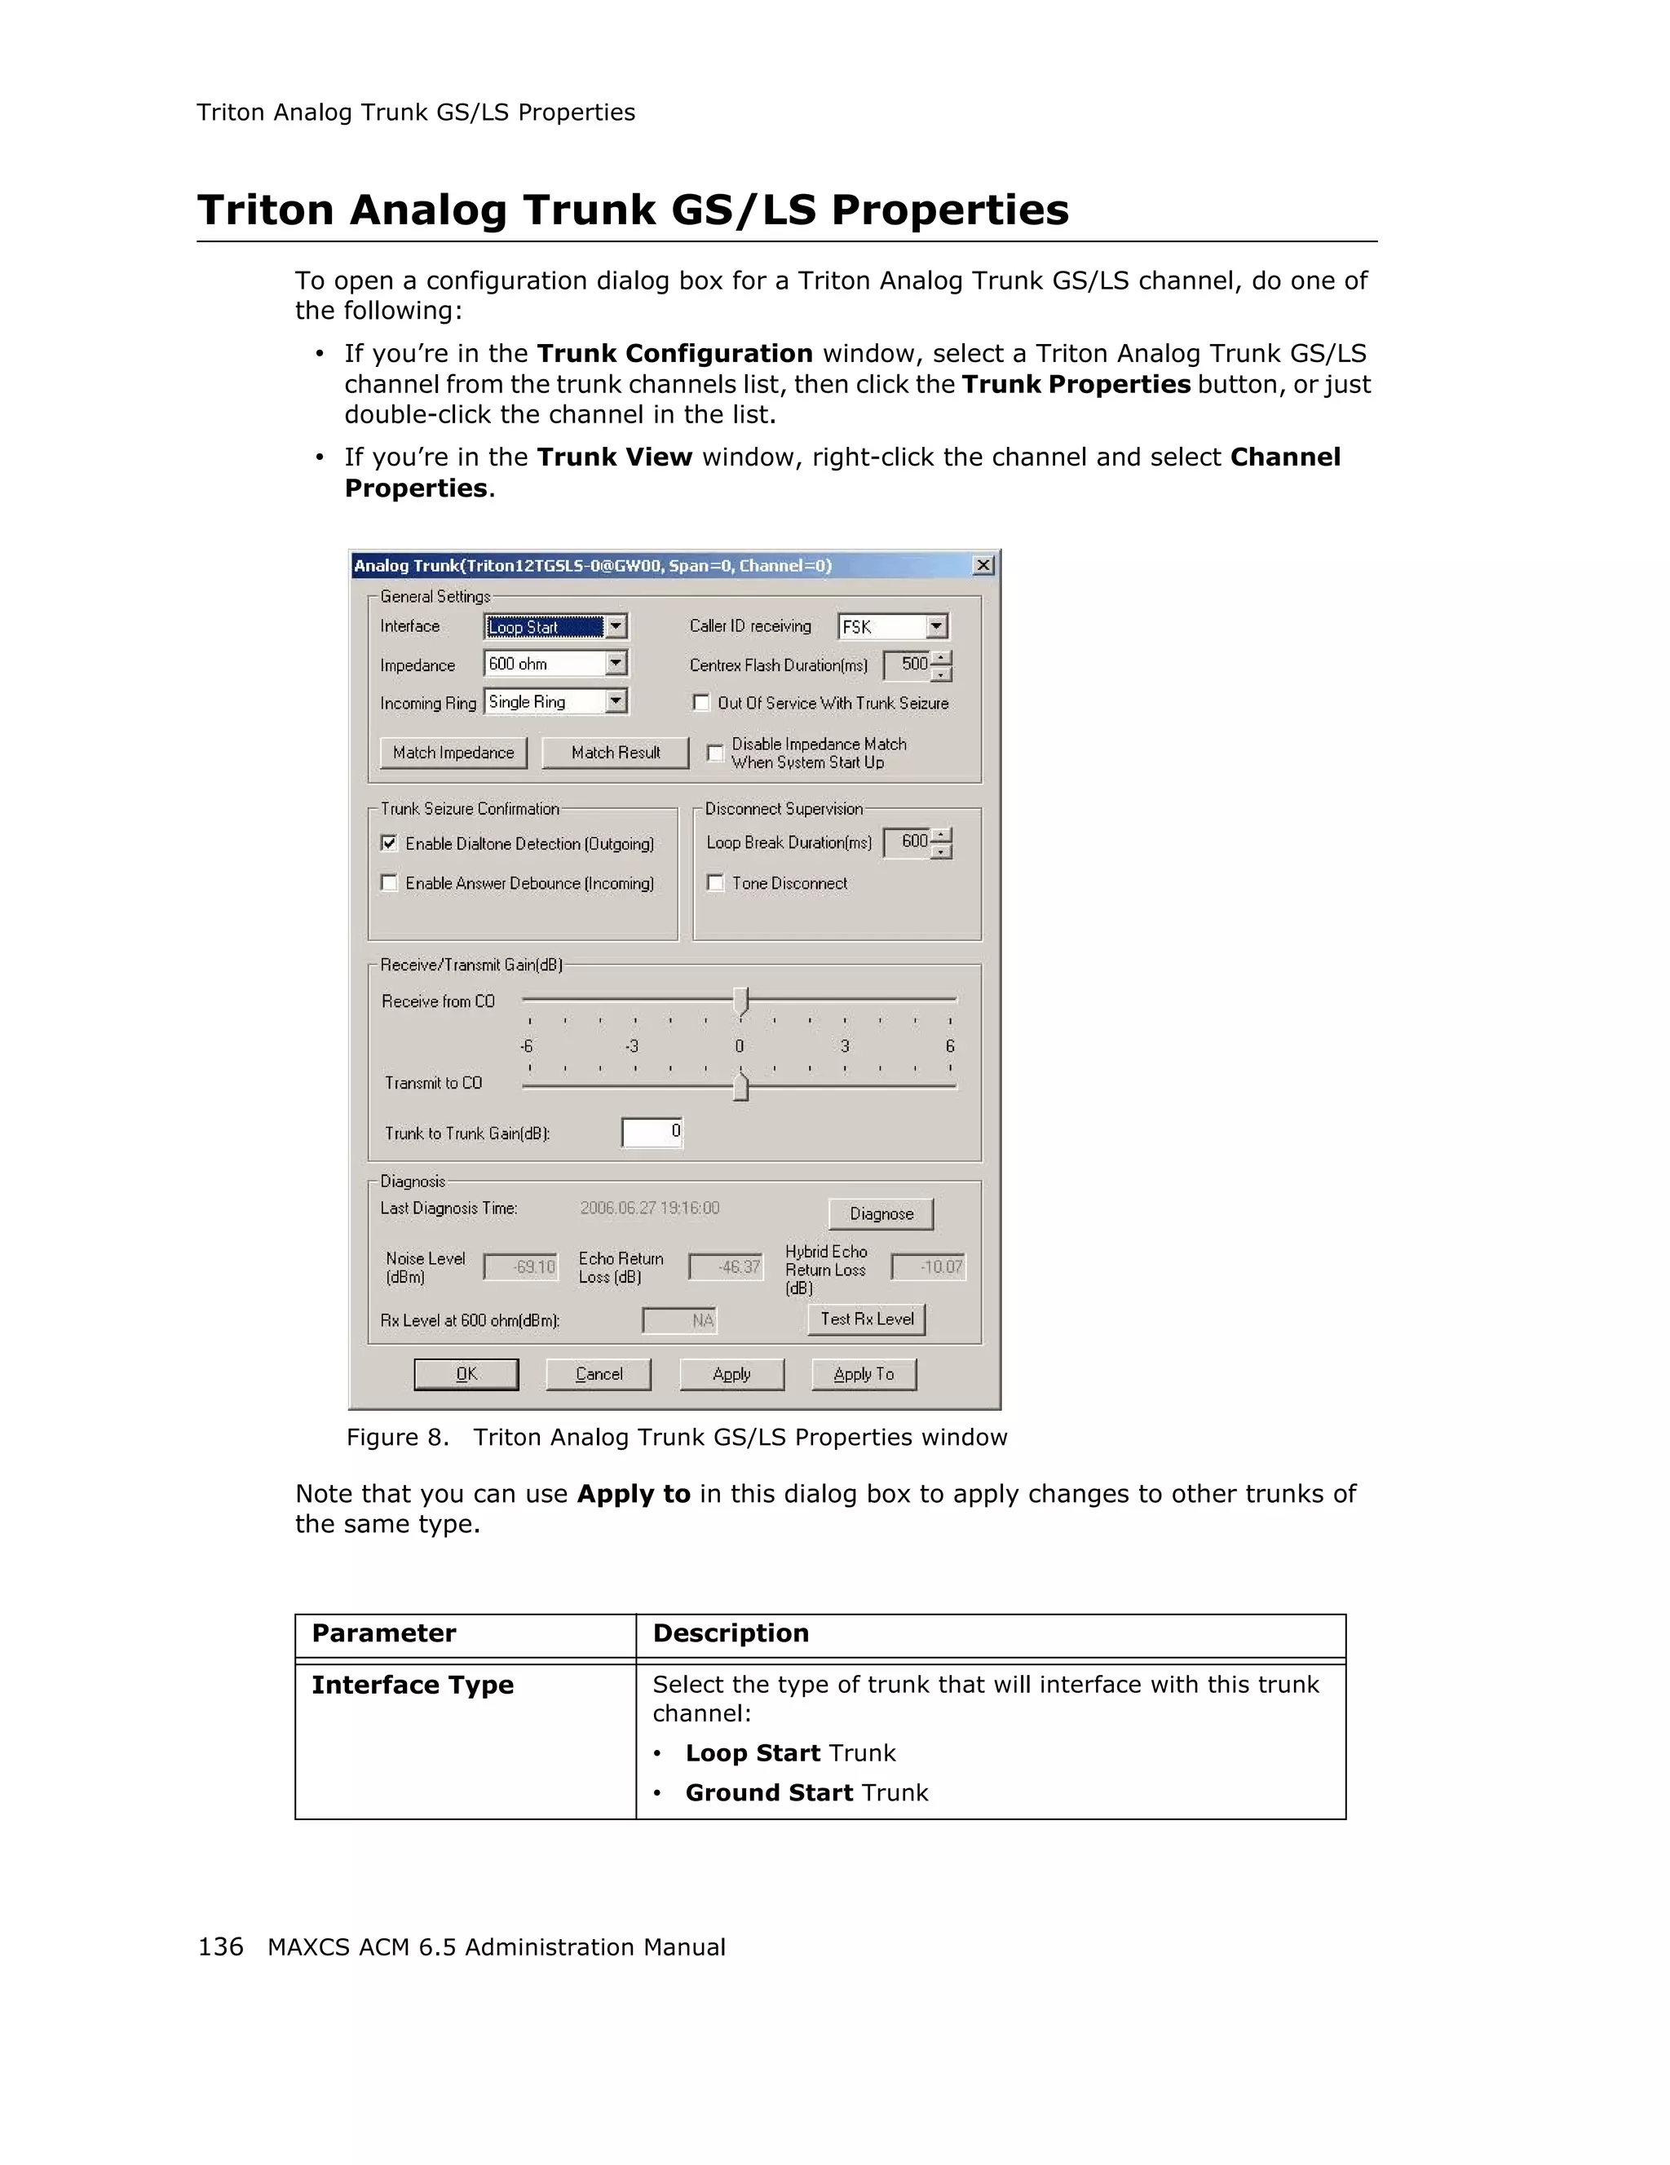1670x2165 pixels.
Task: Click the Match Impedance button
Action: (x=453, y=753)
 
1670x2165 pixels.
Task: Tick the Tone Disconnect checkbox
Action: (x=714, y=882)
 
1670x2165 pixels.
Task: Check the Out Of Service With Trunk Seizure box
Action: (x=700, y=703)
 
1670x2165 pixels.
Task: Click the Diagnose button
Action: (x=880, y=1213)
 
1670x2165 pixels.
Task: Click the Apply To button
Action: (x=864, y=1374)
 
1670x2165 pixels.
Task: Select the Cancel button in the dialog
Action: (x=599, y=1374)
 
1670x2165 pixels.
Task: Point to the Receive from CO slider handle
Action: (x=740, y=1001)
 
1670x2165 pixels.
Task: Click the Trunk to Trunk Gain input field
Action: (x=652, y=1132)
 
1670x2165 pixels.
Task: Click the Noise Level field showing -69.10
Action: (x=521, y=1267)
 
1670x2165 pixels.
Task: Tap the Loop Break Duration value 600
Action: (x=908, y=842)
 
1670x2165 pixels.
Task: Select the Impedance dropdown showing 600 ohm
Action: (x=555, y=664)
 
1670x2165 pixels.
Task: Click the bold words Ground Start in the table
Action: (x=769, y=1792)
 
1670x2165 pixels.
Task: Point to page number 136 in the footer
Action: (x=220, y=1947)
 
